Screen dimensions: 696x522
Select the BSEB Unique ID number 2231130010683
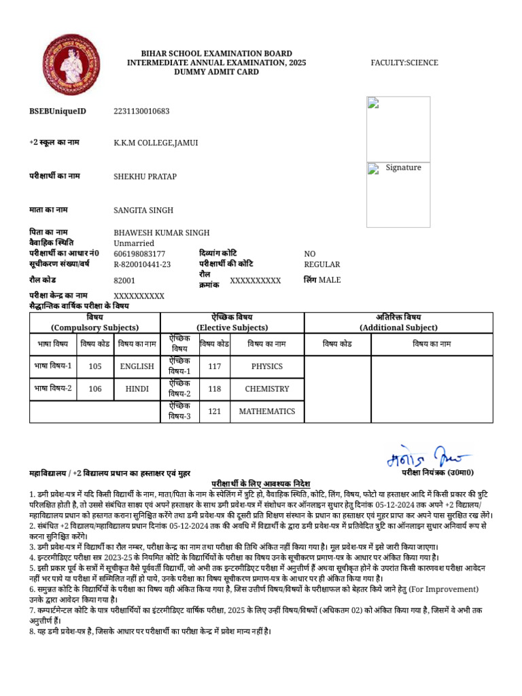(x=141, y=111)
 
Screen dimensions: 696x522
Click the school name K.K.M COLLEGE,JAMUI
(x=156, y=143)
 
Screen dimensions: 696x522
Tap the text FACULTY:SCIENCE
(x=404, y=63)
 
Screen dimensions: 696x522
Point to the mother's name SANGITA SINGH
(x=143, y=211)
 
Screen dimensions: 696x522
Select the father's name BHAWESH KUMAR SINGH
(x=162, y=232)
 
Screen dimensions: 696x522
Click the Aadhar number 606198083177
(x=139, y=254)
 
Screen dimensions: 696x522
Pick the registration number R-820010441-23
(x=142, y=264)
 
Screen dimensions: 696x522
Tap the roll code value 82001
(x=124, y=280)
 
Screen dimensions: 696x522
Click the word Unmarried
(x=134, y=243)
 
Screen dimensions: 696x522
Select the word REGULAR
(x=322, y=264)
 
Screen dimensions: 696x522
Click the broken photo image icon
(x=372, y=103)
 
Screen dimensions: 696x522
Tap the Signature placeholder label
(x=403, y=168)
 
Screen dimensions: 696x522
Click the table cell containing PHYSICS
(x=266, y=366)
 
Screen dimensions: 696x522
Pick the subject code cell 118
(x=215, y=389)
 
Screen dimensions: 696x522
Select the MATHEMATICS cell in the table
(x=266, y=411)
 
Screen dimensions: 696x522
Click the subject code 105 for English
(x=95, y=366)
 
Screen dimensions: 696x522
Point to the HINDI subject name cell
(x=137, y=389)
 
